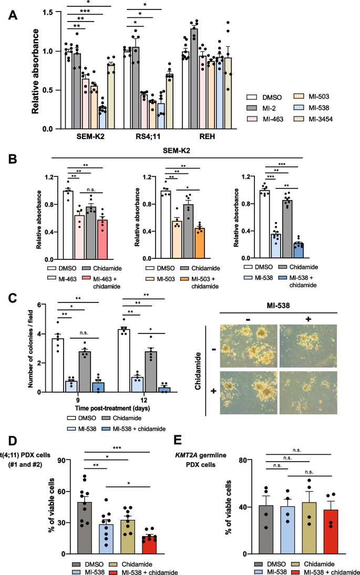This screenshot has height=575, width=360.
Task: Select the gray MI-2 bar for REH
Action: tap(194, 79)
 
